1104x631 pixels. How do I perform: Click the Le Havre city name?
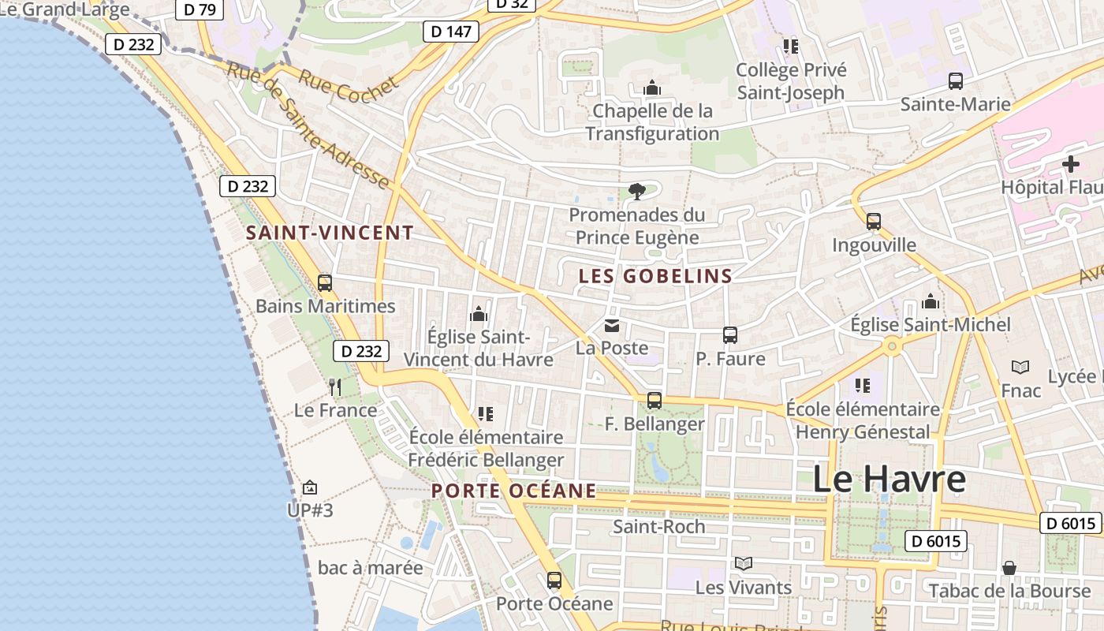pos(889,480)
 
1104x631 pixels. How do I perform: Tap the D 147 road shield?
pos(452,32)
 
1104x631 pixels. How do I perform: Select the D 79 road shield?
pos(199,9)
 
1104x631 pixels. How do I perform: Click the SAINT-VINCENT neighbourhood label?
pos(330,233)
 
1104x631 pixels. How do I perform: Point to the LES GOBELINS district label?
pos(655,276)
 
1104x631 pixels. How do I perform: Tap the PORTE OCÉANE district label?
pos(513,491)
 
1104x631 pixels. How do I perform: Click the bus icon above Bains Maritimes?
pos(324,282)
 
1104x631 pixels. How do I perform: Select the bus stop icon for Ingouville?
pos(873,222)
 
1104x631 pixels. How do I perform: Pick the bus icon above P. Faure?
pos(729,335)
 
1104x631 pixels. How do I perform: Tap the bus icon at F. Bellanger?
pos(654,401)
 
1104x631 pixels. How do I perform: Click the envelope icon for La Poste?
pos(611,325)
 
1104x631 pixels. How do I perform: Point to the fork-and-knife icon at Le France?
pos(335,386)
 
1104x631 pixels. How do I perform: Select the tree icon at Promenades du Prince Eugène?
pos(636,191)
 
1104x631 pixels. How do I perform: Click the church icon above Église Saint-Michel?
pos(931,301)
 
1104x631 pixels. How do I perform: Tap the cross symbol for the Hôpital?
pos(1070,165)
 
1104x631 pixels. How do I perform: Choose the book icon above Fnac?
pos(1020,367)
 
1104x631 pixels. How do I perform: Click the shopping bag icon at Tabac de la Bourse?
pos(1009,568)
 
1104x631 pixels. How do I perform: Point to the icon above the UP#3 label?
pos(310,487)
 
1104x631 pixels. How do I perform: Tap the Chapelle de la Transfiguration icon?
pos(651,88)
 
